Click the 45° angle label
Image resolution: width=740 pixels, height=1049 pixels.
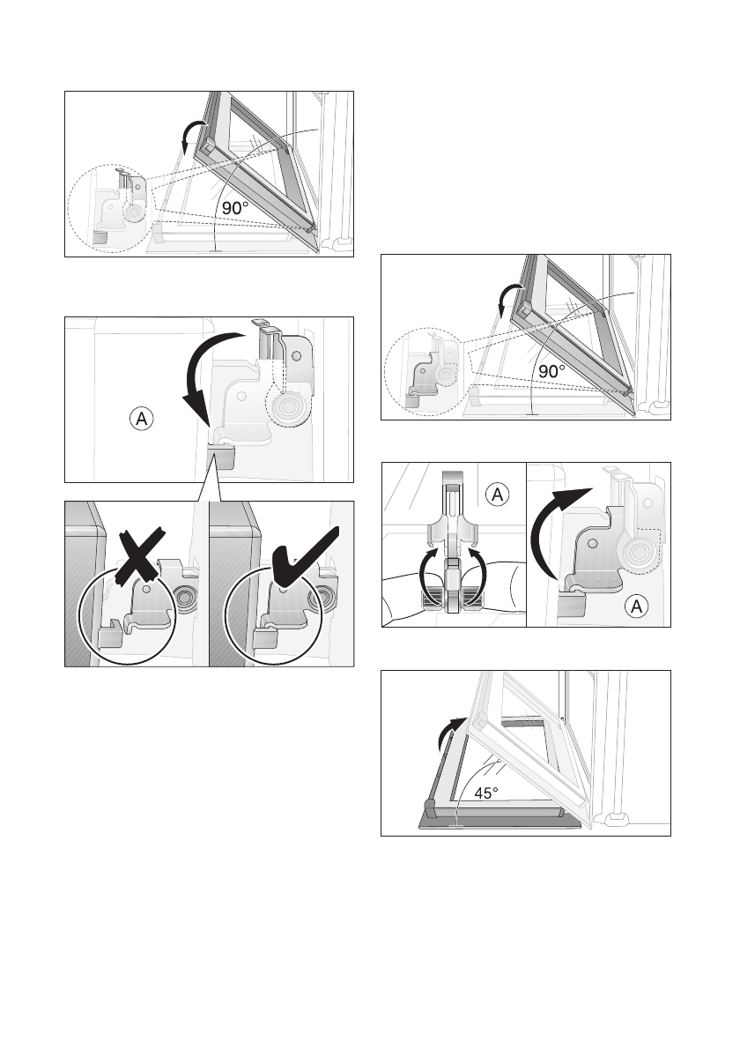487,792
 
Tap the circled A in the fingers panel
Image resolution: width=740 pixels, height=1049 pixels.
498,495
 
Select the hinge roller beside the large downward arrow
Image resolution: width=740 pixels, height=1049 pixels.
289,408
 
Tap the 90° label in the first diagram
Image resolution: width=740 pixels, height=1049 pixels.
234,208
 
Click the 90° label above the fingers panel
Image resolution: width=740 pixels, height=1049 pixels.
551,371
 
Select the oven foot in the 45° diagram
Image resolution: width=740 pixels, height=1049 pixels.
617,822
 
